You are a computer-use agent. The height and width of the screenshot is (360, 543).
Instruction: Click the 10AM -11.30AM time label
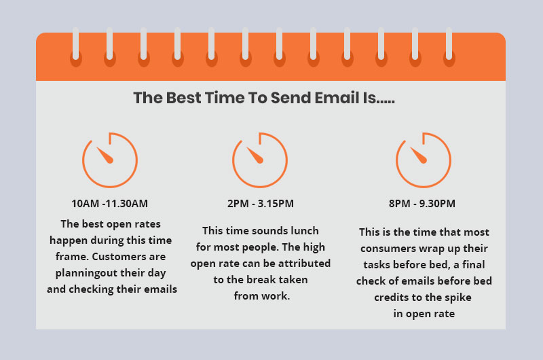coord(110,203)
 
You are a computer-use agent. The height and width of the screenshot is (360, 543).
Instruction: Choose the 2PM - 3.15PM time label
coord(260,203)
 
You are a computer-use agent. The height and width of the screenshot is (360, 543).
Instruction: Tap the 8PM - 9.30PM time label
coord(423,203)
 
